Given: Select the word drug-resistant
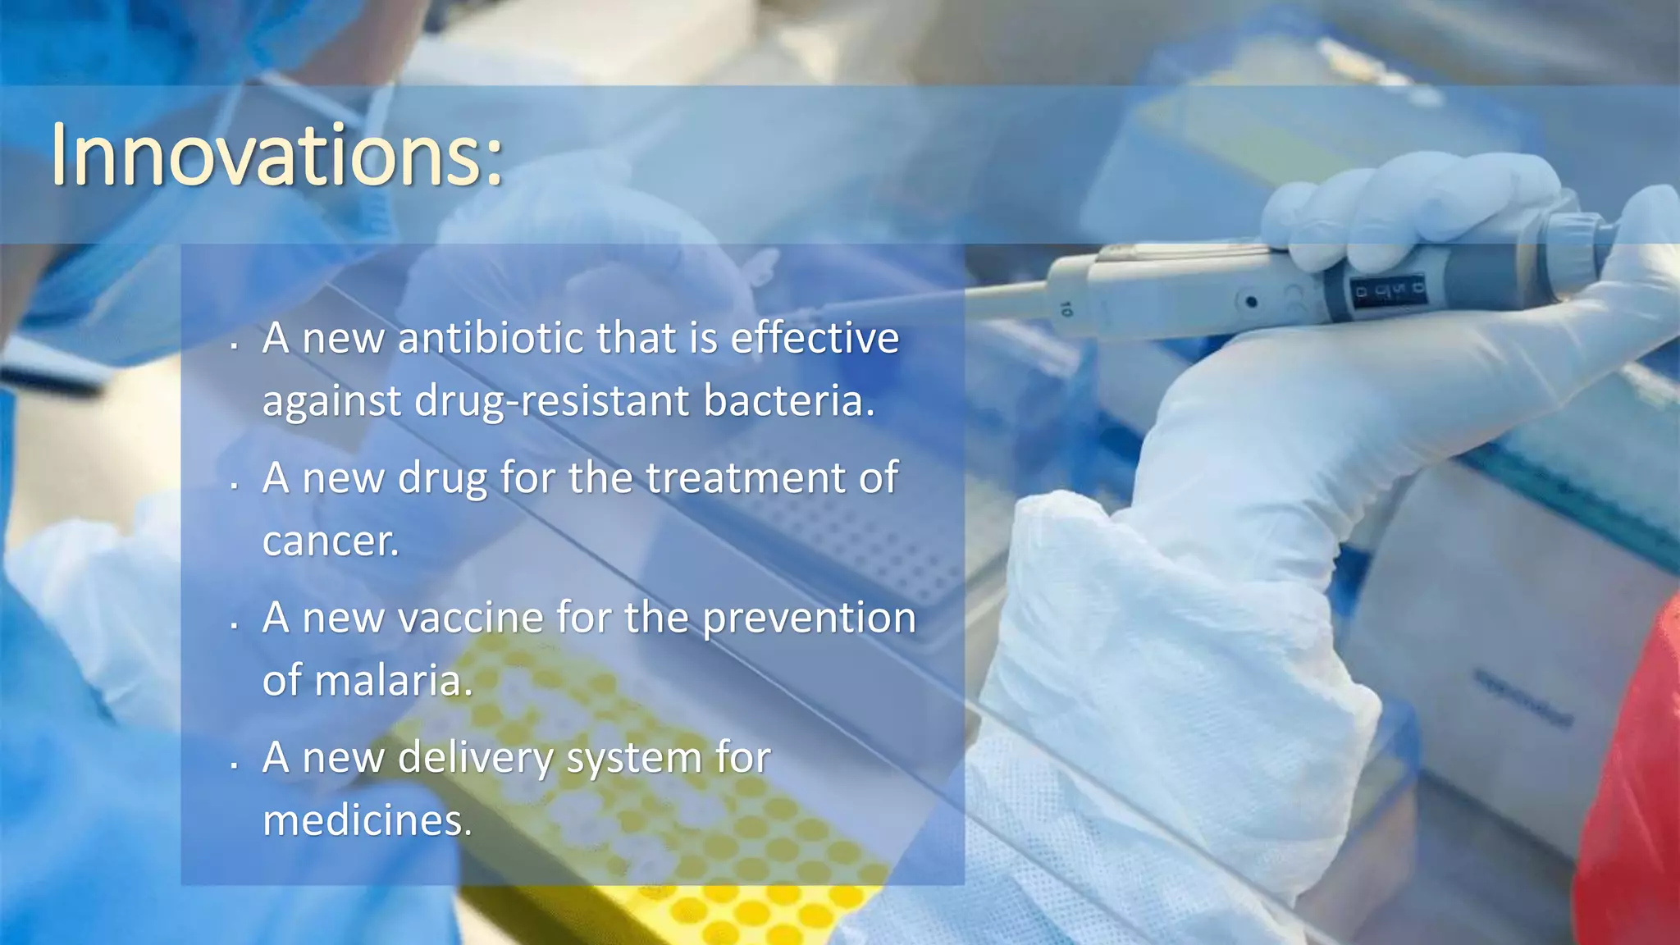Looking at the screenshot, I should pyautogui.click(x=551, y=401).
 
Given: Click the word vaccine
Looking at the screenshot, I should pyautogui.click(x=470, y=618).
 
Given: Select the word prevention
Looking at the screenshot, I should pyautogui.click(x=809, y=618).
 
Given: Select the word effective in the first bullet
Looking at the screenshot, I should pyautogui.click(x=815, y=338).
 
